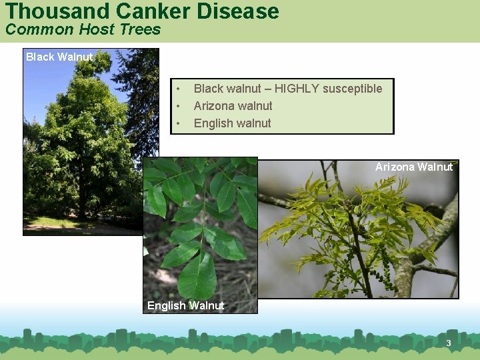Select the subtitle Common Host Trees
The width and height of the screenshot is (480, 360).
pyautogui.click(x=83, y=29)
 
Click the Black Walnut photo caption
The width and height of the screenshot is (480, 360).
pyautogui.click(x=59, y=57)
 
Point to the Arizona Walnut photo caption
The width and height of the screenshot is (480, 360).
pyautogui.click(x=413, y=167)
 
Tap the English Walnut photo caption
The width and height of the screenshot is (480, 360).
pyautogui.click(x=185, y=305)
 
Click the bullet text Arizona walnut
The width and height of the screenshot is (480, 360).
pyautogui.click(x=233, y=105)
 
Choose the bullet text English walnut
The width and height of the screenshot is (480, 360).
pyautogui.click(x=232, y=123)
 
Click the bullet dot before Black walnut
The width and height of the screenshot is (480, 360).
pyautogui.click(x=178, y=89)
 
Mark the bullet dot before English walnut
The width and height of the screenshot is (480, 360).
pyautogui.click(x=178, y=123)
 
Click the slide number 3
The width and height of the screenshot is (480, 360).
pyautogui.click(x=449, y=343)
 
